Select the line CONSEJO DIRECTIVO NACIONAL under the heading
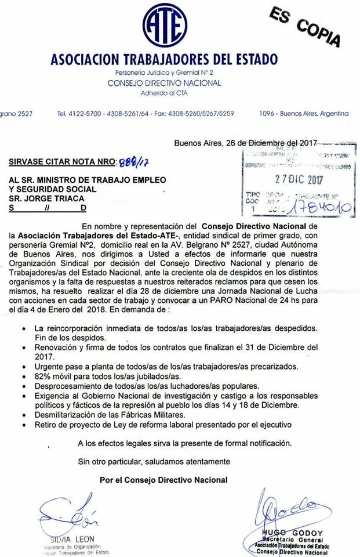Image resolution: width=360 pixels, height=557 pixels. point(164,83)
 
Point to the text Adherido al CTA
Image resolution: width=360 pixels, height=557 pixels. point(164,93)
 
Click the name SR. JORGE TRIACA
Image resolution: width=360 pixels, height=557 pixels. point(42,198)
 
